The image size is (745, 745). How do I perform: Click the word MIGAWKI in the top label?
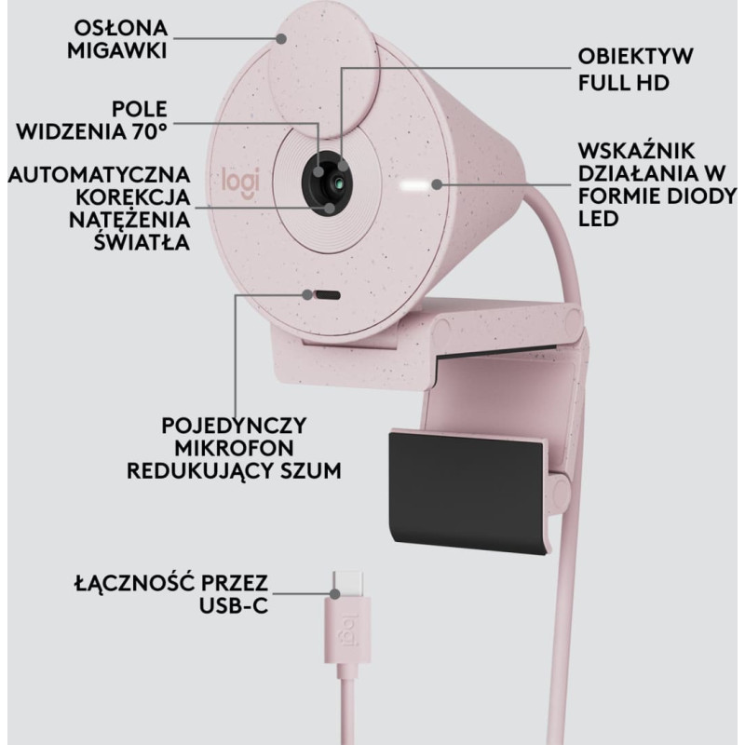[117, 50]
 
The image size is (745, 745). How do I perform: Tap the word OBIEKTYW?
[635, 57]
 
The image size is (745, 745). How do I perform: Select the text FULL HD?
[623, 83]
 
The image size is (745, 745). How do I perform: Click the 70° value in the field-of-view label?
[149, 132]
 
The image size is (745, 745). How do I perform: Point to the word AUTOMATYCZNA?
[99, 175]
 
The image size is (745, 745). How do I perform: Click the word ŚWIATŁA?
[142, 242]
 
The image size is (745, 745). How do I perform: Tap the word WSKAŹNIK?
[636, 151]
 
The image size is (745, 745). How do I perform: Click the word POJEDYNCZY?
[234, 426]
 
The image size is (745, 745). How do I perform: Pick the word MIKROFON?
[234, 448]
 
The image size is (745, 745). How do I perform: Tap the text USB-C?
[234, 606]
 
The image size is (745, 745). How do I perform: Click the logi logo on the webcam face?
[241, 183]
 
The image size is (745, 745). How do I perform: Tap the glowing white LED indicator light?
[415, 184]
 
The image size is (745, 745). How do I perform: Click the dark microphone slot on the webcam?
[328, 295]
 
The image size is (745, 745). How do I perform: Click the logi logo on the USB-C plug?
[350, 630]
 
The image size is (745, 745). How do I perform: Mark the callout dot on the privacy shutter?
[282, 38]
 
